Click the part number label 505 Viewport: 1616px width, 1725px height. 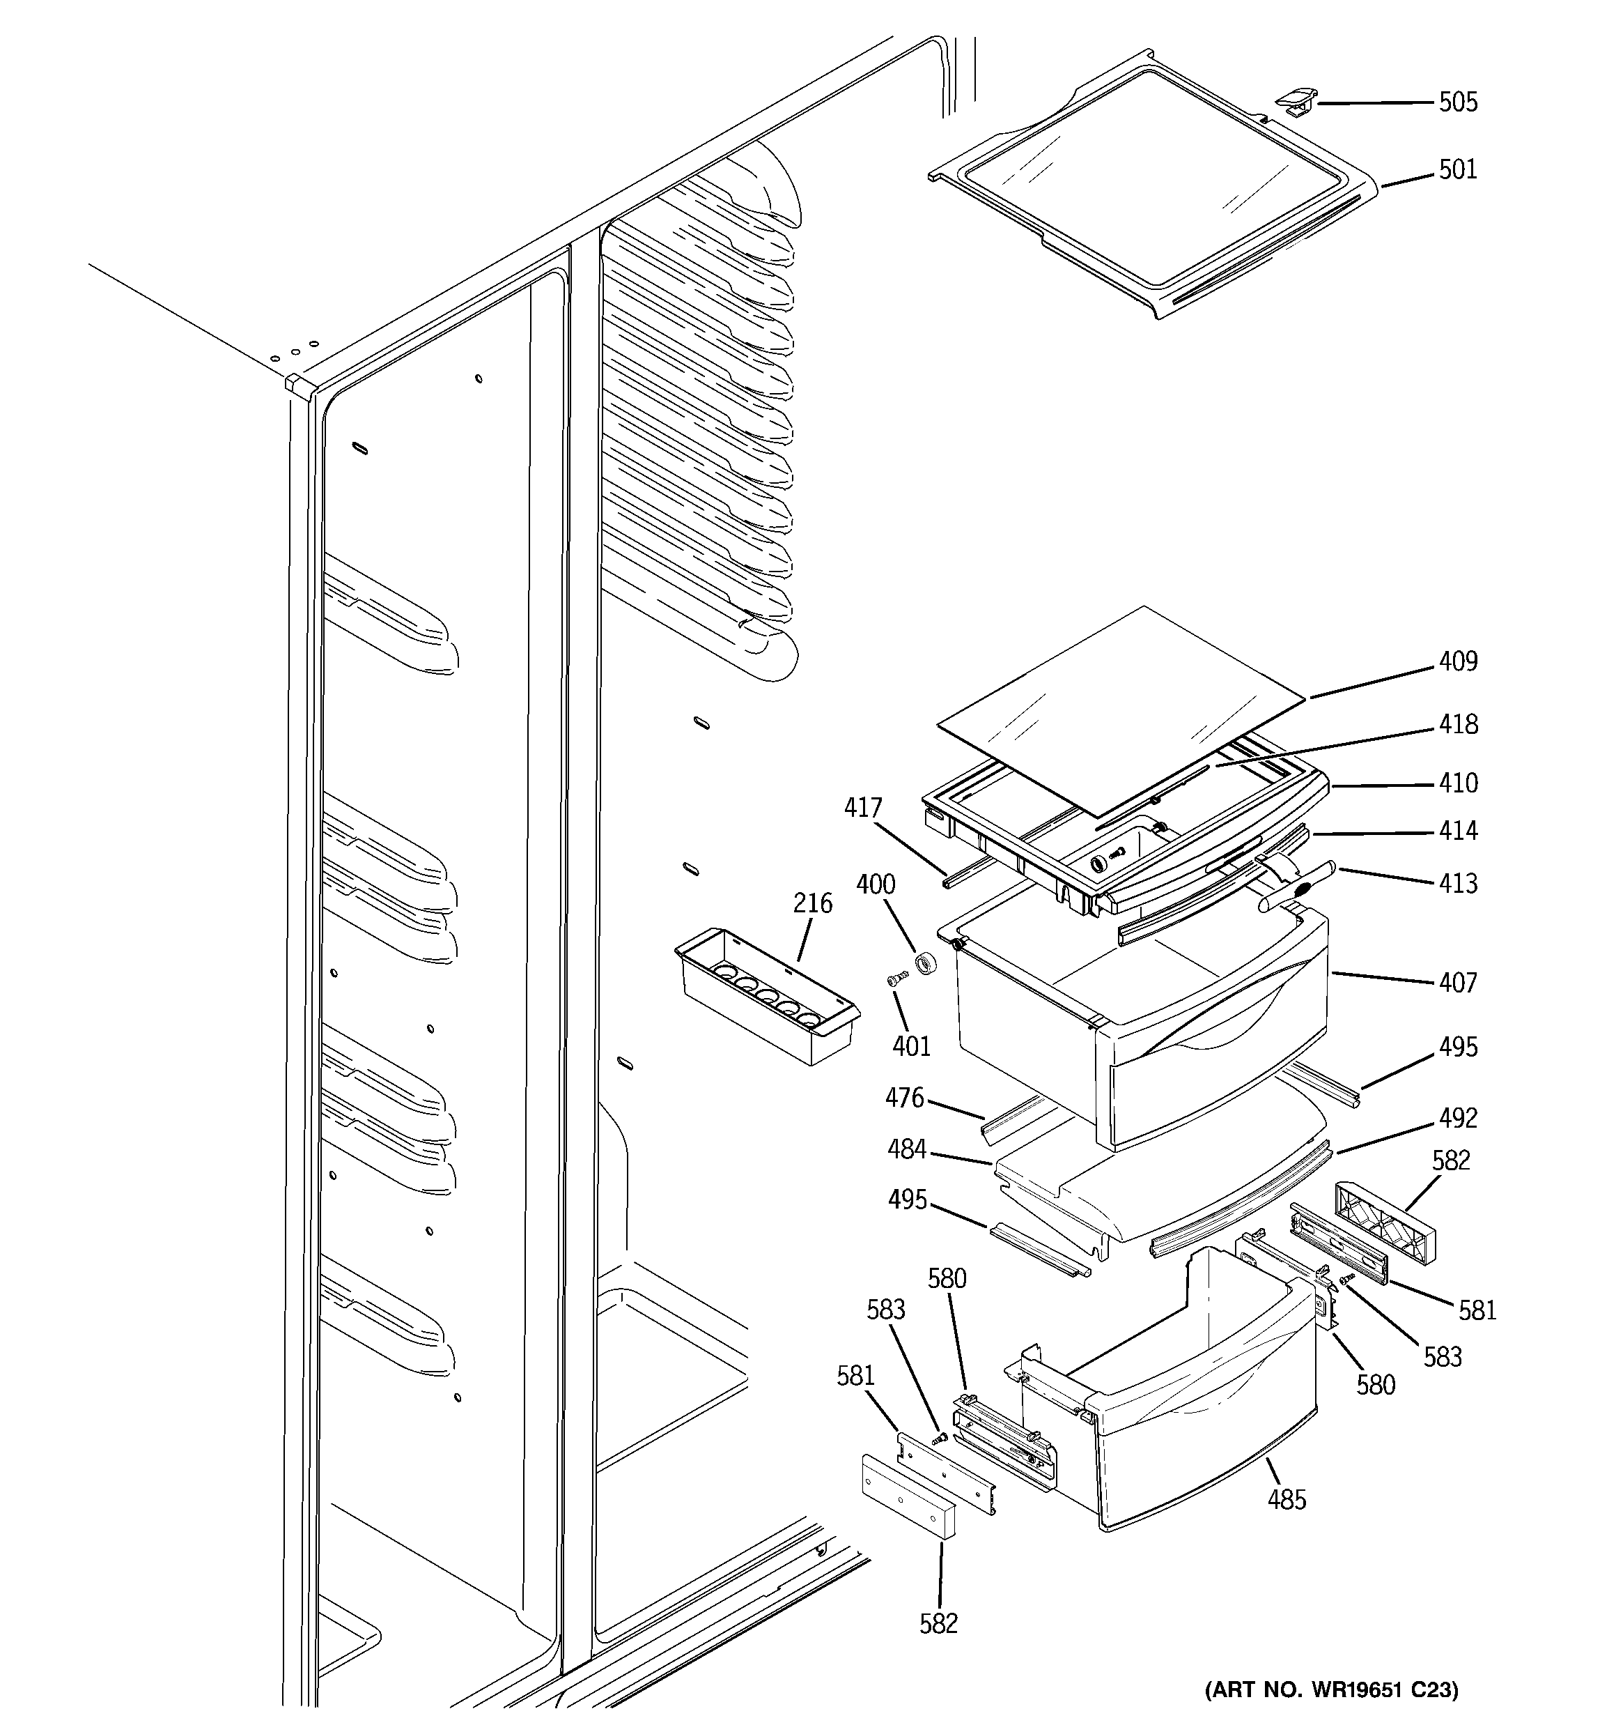(1457, 102)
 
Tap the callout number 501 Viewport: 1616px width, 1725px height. (1457, 169)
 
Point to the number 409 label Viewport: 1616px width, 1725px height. (1457, 661)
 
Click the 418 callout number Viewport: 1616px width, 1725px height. (1457, 723)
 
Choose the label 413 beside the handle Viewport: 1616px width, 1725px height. (1457, 883)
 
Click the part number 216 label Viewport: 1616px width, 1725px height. (812, 903)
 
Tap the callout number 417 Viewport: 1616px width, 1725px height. (862, 808)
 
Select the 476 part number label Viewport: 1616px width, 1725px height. (904, 1098)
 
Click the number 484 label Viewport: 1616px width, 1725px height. (906, 1150)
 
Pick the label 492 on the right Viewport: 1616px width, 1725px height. (1457, 1118)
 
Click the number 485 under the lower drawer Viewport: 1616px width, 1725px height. (1287, 1498)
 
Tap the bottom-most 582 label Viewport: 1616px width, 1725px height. (938, 1623)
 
